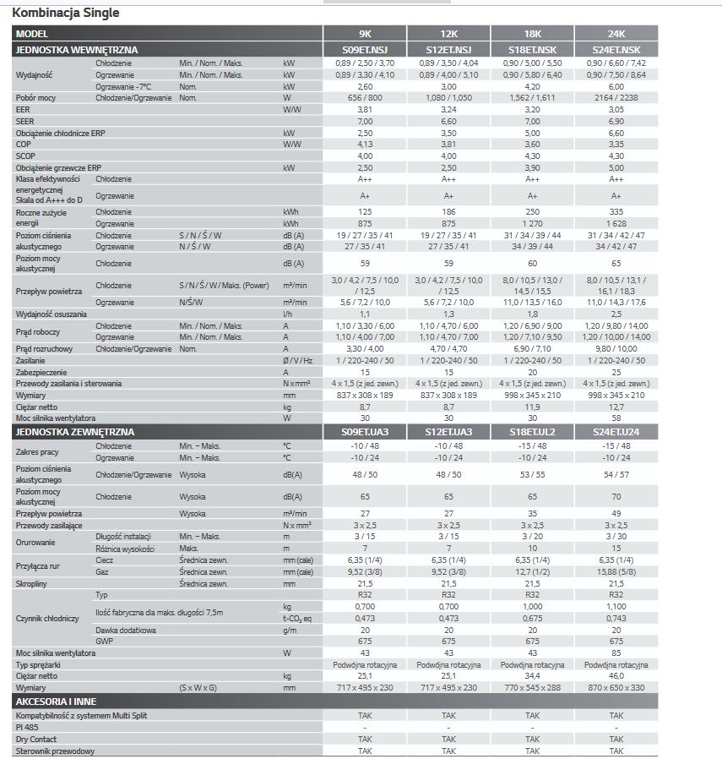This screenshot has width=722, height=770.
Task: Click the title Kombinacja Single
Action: tap(66, 13)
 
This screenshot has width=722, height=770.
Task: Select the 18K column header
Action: tap(532, 34)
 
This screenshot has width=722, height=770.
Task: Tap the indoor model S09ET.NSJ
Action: tap(365, 50)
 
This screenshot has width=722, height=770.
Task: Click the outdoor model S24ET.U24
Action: tap(616, 432)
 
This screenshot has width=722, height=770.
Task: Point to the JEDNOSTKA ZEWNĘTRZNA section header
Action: tap(75, 432)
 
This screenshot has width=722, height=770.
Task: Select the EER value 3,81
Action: tap(365, 110)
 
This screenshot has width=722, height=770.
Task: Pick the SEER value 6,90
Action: tap(616, 122)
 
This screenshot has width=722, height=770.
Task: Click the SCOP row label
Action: tap(26, 156)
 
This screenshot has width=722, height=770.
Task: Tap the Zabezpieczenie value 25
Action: tap(616, 372)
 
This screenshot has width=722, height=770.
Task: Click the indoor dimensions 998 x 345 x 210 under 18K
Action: tap(532, 395)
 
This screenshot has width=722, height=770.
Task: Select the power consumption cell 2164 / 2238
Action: tap(616, 98)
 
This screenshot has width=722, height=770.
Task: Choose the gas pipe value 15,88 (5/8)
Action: tap(616, 571)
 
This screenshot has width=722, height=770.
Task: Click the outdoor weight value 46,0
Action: tap(616, 676)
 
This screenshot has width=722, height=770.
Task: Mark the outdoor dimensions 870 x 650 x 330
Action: tap(616, 688)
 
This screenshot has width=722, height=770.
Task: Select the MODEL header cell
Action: tap(33, 34)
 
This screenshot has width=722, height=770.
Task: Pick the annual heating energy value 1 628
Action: tap(616, 223)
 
